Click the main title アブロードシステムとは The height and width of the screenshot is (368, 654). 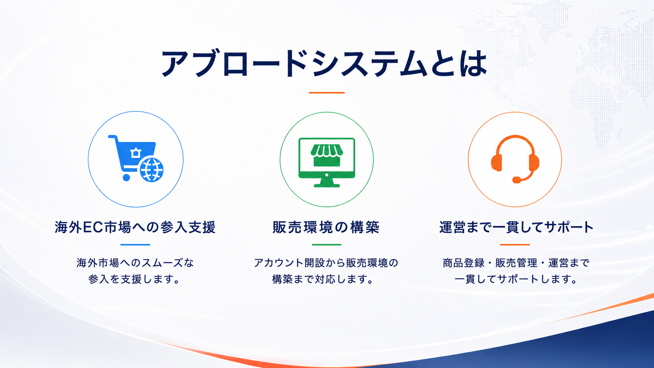pyautogui.click(x=324, y=63)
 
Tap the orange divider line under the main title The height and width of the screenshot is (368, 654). pyautogui.click(x=327, y=93)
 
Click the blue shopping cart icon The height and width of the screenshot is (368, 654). pyautogui.click(x=136, y=158)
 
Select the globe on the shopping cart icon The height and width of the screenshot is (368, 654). pyautogui.click(x=151, y=170)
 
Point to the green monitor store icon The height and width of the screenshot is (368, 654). pyautogui.click(x=327, y=162)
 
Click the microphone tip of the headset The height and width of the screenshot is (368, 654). pyautogui.click(x=516, y=180)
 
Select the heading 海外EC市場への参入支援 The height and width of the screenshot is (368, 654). pyautogui.click(x=135, y=227)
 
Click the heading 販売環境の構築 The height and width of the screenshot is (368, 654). pyautogui.click(x=326, y=227)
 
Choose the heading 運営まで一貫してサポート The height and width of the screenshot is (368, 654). pyautogui.click(x=516, y=227)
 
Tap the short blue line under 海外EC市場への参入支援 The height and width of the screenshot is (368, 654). pyautogui.click(x=135, y=244)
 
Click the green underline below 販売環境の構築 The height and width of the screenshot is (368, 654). pyautogui.click(x=327, y=244)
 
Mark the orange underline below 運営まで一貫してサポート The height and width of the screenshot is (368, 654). pyautogui.click(x=515, y=244)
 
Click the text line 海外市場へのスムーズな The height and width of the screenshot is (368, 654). pyautogui.click(x=135, y=263)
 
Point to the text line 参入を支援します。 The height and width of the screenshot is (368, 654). pyautogui.click(x=134, y=279)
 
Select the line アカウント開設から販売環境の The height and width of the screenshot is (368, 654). pyautogui.click(x=326, y=263)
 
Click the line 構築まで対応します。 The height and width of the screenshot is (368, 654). pyautogui.click(x=323, y=279)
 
